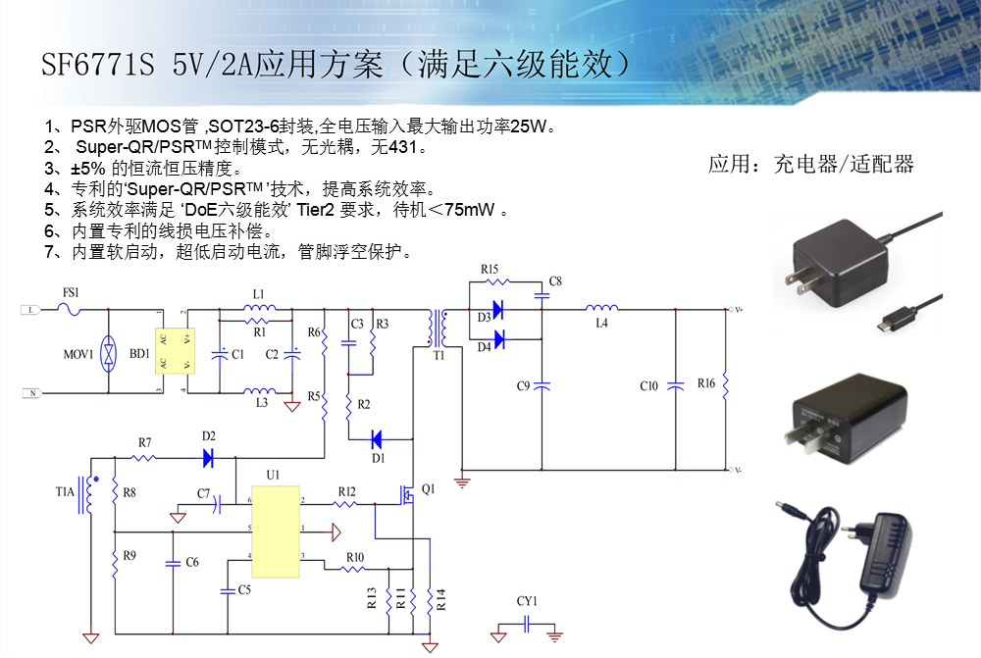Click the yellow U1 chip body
[276, 531]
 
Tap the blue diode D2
[207, 457]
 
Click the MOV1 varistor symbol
[108, 352]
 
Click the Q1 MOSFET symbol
[406, 495]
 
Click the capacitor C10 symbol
[675, 385]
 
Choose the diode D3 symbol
[497, 310]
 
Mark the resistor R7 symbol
[145, 458]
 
